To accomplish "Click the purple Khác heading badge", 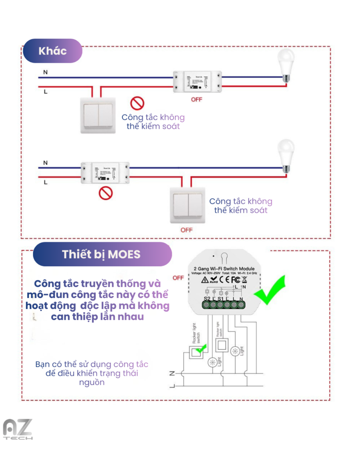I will point(53,51).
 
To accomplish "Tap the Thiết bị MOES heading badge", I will point(102,254).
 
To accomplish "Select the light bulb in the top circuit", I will point(286,65).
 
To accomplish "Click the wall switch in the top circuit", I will point(97,115).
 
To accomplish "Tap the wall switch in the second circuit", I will point(188,204).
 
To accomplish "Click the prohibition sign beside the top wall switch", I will point(137,103).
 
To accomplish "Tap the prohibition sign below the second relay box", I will point(105,192).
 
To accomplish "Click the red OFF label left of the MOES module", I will point(178,278).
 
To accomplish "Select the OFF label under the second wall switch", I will point(187,230).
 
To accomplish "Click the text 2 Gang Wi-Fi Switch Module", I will point(224,269).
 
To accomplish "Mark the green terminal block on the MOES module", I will point(224,305).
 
